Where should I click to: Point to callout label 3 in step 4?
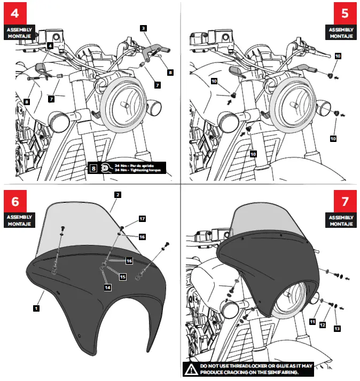[x=144, y=27]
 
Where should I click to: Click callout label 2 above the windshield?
[x=116, y=195]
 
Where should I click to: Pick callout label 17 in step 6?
[x=142, y=219]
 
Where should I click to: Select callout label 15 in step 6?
[x=122, y=276]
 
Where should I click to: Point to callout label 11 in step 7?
[x=312, y=321]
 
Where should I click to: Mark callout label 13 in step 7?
[x=337, y=329]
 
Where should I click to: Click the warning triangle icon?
[x=191, y=368]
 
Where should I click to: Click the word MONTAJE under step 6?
[x=20, y=224]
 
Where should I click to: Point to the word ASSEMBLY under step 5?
[x=340, y=29]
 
